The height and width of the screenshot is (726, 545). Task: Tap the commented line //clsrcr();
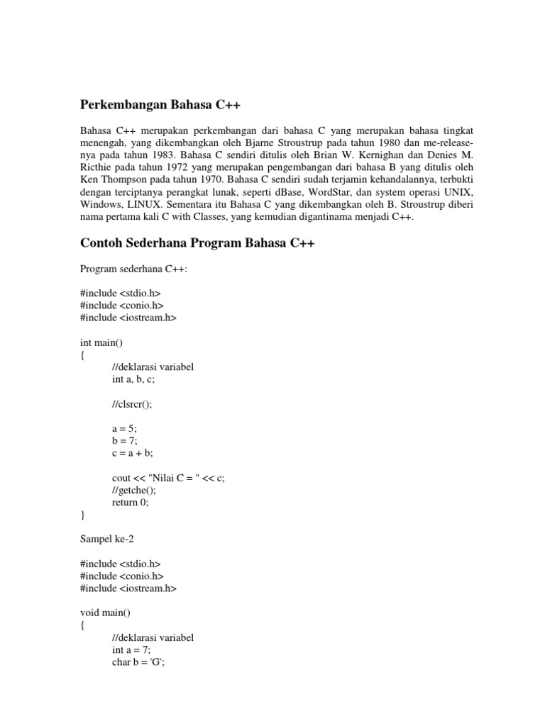132,404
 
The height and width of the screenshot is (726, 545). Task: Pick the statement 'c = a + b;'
133,453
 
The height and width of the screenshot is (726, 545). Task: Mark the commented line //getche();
133,490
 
